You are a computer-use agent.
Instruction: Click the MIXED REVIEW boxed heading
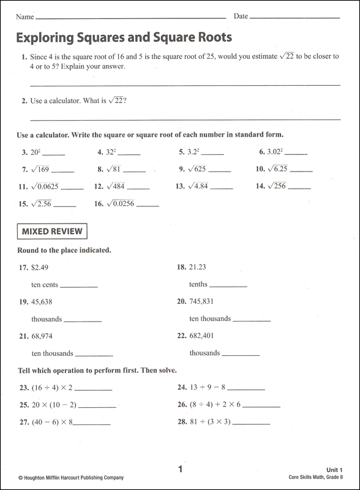53,232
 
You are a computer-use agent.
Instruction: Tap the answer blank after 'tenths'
228,285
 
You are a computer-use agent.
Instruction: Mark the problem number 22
181,336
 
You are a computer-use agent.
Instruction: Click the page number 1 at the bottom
180,469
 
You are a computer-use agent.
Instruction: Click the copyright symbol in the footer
20,478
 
